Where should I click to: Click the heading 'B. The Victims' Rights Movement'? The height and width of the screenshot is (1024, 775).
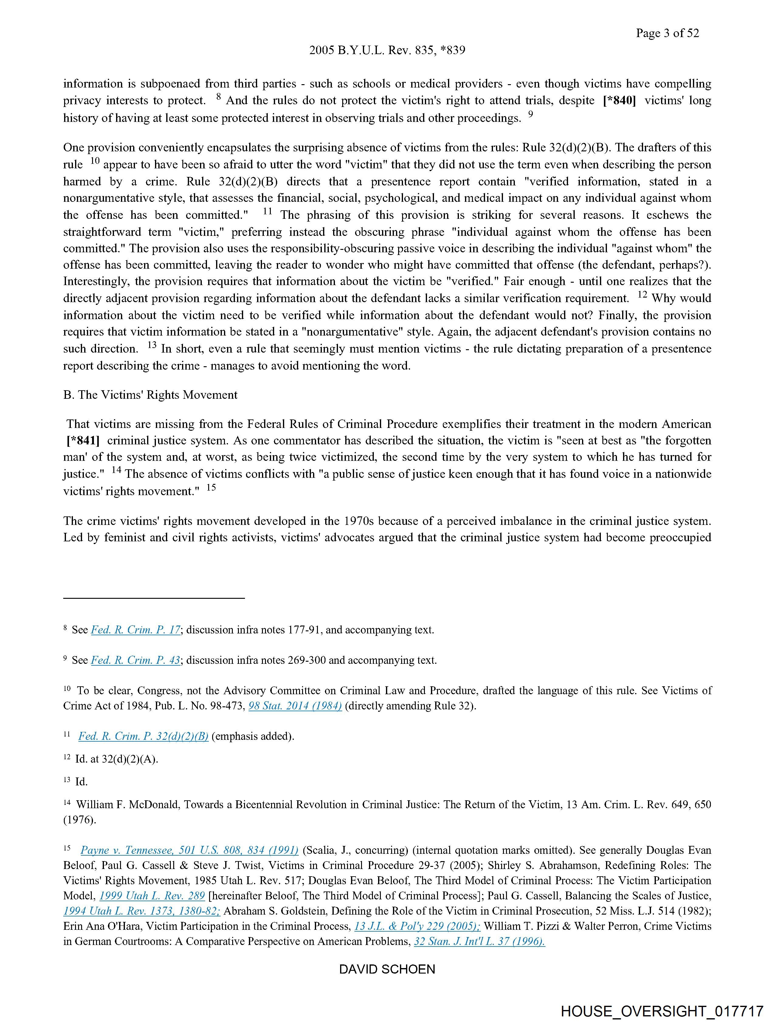point(150,395)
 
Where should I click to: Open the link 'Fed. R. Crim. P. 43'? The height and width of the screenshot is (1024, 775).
point(136,660)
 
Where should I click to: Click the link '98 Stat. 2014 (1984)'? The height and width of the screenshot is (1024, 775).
point(295,706)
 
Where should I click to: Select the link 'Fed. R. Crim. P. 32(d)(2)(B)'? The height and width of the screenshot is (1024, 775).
point(143,736)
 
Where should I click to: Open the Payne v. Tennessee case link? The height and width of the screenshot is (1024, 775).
point(189,850)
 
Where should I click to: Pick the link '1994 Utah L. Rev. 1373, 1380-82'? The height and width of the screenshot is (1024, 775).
point(142,911)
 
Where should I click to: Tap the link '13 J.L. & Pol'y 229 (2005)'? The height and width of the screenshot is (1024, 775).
point(417,926)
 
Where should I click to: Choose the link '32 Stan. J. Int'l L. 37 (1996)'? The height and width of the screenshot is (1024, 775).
point(479,942)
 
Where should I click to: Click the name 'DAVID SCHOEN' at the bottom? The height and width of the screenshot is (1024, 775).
point(387,969)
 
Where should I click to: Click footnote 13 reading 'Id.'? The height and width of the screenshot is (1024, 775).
point(81,782)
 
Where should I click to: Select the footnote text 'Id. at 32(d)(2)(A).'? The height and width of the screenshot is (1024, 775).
point(117,759)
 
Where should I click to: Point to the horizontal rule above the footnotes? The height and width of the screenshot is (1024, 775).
point(154,598)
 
